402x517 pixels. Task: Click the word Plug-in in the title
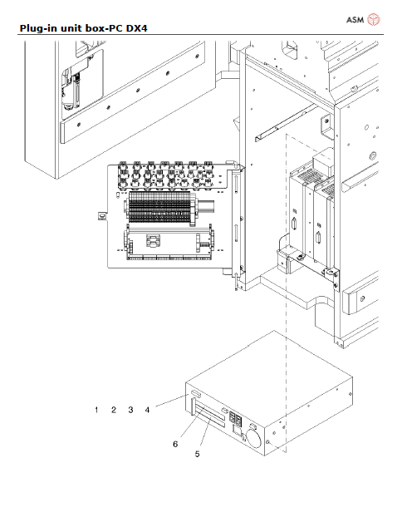pos(38,29)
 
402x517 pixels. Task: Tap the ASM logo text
pos(354,19)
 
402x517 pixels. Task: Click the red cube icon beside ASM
pos(375,18)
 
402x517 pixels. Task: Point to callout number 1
pos(96,410)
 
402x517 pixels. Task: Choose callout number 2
pos(114,410)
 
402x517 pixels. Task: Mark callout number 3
pos(130,410)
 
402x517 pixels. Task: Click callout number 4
pos(147,410)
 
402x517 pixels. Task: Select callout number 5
pos(197,454)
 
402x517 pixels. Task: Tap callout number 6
pos(175,444)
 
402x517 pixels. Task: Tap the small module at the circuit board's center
pos(152,241)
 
